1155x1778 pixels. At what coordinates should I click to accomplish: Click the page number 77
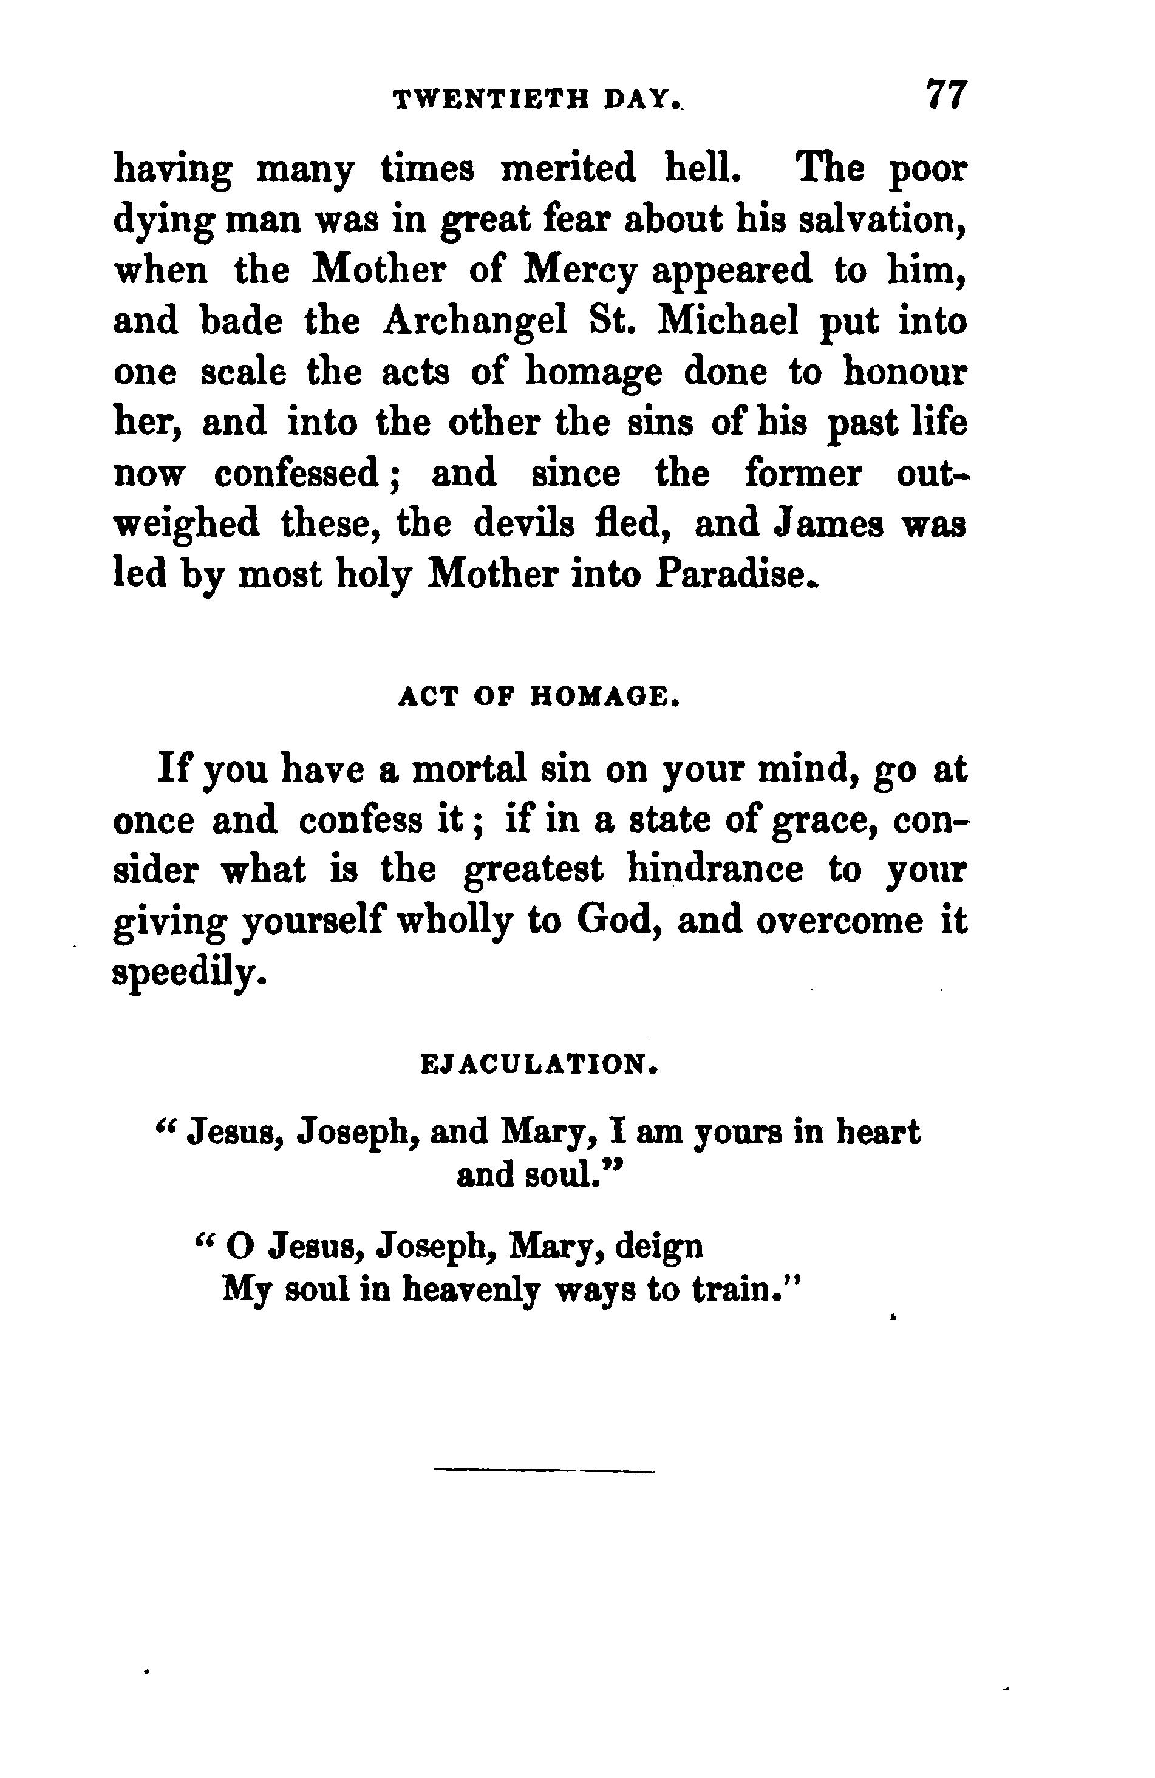click(946, 95)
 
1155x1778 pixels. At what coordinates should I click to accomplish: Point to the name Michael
click(729, 321)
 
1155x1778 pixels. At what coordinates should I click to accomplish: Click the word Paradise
click(734, 574)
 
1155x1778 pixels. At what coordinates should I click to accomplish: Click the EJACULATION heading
click(539, 1064)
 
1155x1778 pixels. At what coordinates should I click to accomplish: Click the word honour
click(905, 372)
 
